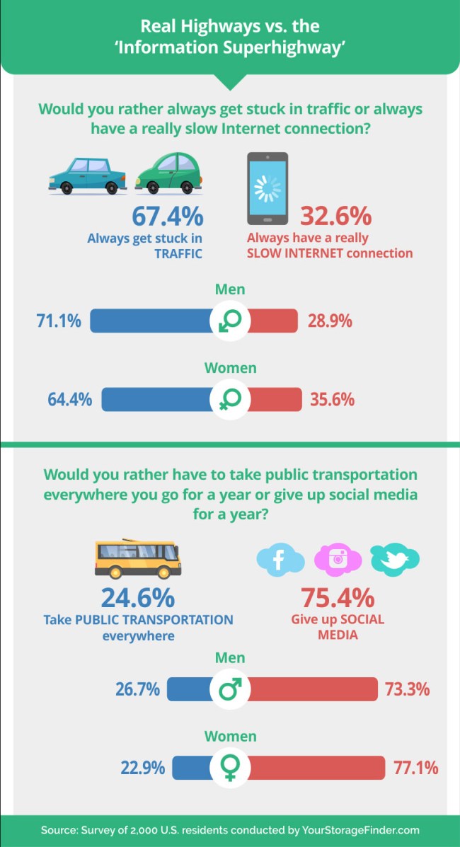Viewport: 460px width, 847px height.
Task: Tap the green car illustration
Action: [x=168, y=173]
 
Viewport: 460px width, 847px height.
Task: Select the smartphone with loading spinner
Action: [x=267, y=188]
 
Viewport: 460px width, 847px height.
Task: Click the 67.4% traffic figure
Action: [x=168, y=217]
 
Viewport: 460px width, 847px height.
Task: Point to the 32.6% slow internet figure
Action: [x=335, y=217]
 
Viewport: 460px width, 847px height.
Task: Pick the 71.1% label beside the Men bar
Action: [x=59, y=321]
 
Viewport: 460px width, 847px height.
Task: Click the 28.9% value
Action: [x=330, y=321]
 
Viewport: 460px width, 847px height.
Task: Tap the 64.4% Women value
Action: [x=69, y=399]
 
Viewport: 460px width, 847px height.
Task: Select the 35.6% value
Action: [x=332, y=399]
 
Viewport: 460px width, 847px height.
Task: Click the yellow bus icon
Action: [x=137, y=558]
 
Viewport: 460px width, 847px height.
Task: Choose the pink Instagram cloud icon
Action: [x=338, y=558]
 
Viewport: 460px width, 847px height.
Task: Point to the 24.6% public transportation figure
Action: [x=137, y=598]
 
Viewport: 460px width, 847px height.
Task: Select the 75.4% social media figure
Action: [x=338, y=598]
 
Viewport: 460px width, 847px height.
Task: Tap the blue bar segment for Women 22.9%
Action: [x=192, y=767]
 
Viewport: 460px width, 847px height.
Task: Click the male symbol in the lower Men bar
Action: [x=230, y=688]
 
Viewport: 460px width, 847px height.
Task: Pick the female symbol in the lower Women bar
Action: [x=230, y=768]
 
